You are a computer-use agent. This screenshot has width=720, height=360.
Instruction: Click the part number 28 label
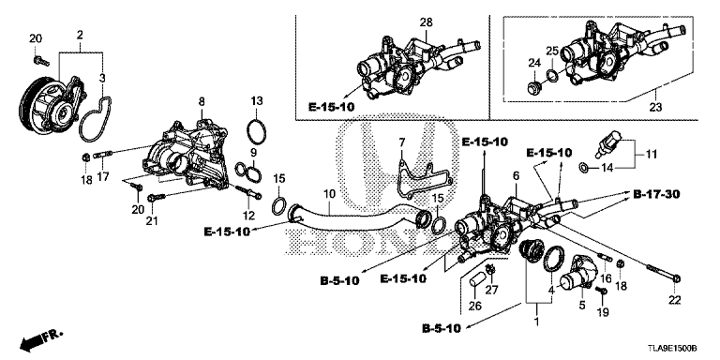coord(427,22)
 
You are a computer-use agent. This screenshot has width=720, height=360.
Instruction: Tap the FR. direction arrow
coord(40,339)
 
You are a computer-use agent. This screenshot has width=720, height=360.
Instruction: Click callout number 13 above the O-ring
coord(257,101)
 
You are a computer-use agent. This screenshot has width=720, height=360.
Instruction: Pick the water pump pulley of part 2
coord(36,105)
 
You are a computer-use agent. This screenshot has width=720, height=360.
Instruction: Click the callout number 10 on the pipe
coord(330,194)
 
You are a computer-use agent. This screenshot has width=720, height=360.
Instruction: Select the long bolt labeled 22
coord(663,272)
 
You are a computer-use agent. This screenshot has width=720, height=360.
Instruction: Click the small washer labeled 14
coord(583,167)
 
